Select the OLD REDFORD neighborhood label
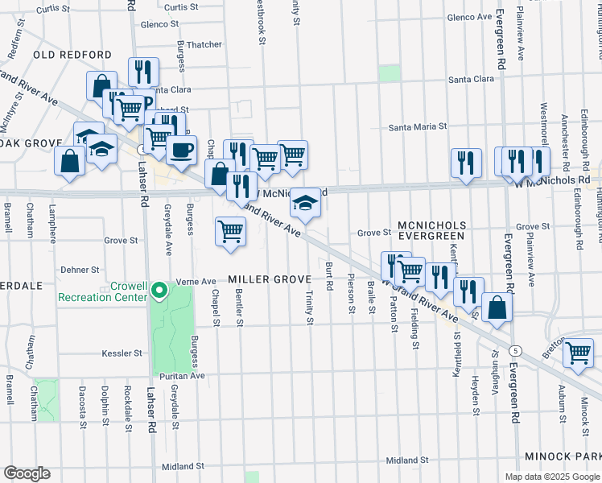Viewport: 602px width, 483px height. click(x=72, y=55)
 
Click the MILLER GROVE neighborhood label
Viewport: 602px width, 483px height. click(x=269, y=279)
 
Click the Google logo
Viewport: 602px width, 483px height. click(x=26, y=473)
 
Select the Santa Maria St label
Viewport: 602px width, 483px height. click(x=417, y=127)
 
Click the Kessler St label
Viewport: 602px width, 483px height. click(x=122, y=353)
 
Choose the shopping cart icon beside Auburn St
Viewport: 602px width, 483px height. click(x=579, y=353)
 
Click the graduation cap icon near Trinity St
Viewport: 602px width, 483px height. click(x=305, y=202)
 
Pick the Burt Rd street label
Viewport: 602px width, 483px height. click(x=330, y=275)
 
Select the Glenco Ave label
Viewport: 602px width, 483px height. click(x=468, y=17)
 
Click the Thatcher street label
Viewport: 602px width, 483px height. click(x=204, y=45)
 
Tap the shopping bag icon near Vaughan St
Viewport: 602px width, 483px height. click(x=498, y=307)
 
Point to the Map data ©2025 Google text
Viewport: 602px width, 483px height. click(x=551, y=477)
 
